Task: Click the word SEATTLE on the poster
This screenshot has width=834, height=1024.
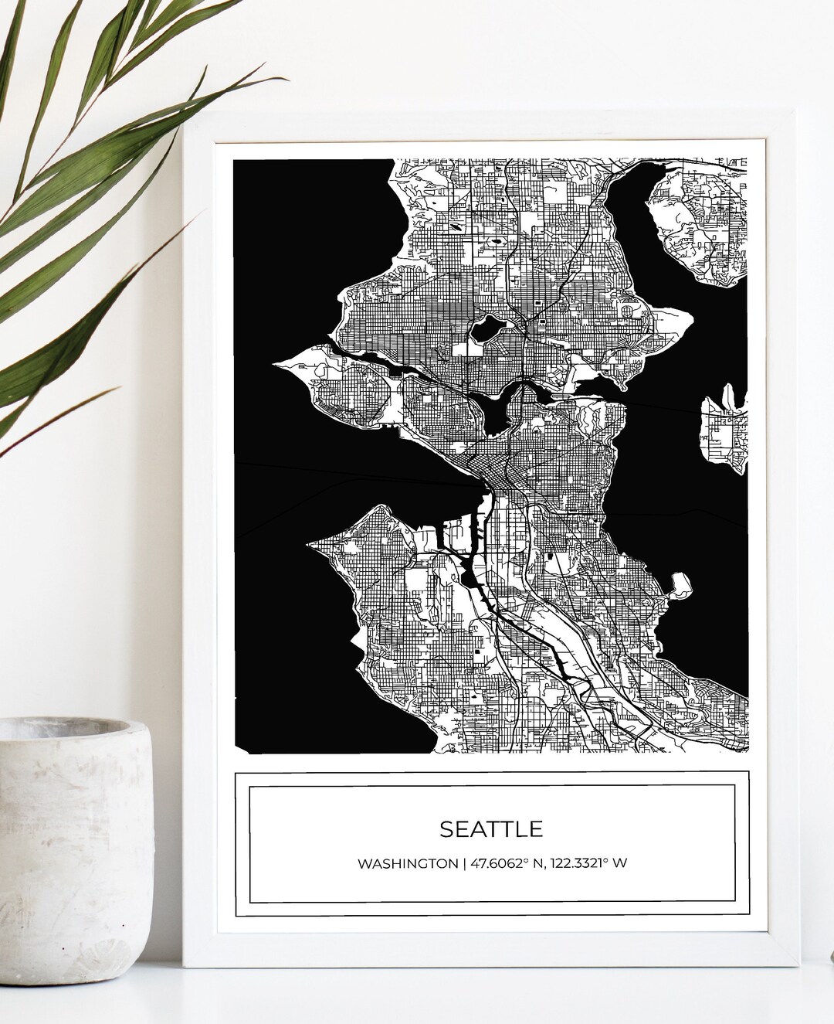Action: tap(491, 828)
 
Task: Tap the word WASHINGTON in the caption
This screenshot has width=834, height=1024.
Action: tap(407, 863)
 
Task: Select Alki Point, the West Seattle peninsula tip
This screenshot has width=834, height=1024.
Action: tap(310, 544)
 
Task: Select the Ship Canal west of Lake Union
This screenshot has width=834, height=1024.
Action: tap(386, 363)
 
